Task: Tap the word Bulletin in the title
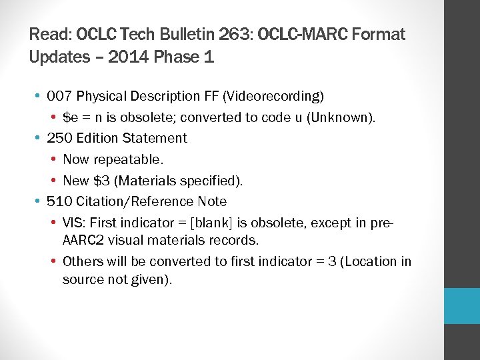(190, 34)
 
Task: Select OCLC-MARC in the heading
(313, 34)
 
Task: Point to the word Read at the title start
(49, 34)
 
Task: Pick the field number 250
(60, 138)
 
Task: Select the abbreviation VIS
(73, 223)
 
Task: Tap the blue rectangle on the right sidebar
(462, 306)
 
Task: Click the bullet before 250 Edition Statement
(39, 138)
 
